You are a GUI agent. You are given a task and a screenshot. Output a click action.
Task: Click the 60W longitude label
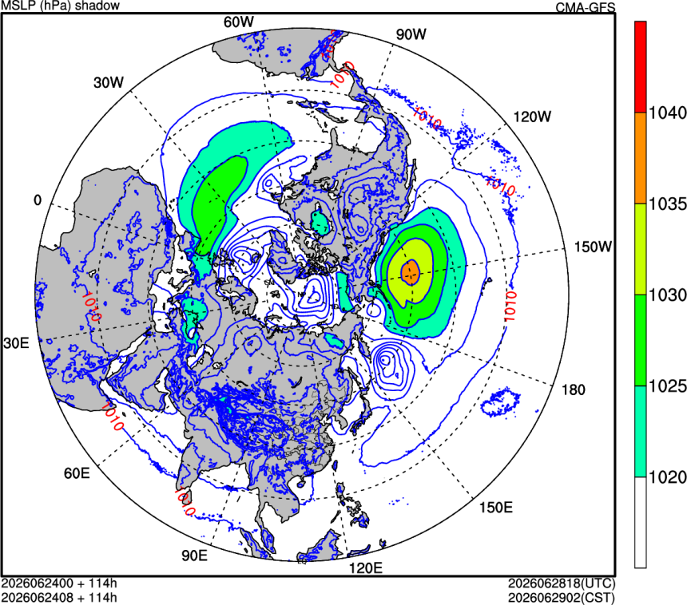238,22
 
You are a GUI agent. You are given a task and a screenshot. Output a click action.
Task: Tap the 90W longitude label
411,34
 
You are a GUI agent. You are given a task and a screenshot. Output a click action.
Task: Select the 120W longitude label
532,117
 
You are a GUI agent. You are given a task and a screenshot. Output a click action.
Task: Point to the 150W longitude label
593,247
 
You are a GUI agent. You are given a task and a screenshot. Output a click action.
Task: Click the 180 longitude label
573,389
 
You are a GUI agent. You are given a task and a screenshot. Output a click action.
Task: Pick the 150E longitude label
496,507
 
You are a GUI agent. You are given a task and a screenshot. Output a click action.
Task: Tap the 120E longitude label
365,567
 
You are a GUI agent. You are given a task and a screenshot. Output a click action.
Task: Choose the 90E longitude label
195,555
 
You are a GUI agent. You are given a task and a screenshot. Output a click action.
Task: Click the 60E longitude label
77,473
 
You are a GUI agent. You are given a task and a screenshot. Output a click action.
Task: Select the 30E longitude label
16,343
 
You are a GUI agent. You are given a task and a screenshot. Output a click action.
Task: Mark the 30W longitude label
109,82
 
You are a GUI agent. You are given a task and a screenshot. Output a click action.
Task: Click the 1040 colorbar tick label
667,113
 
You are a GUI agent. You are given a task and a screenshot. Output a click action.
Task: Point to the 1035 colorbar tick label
667,204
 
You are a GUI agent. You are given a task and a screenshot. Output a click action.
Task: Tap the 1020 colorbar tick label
667,477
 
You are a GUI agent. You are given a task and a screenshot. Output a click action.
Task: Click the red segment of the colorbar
641,67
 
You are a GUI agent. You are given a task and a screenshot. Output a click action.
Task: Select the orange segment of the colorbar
641,158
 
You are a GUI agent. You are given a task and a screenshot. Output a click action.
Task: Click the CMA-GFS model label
586,7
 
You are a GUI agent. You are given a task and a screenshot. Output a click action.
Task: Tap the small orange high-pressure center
411,272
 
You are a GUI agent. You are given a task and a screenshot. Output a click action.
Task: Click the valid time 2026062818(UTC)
562,583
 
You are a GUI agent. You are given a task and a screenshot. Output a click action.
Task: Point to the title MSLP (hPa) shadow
61,6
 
